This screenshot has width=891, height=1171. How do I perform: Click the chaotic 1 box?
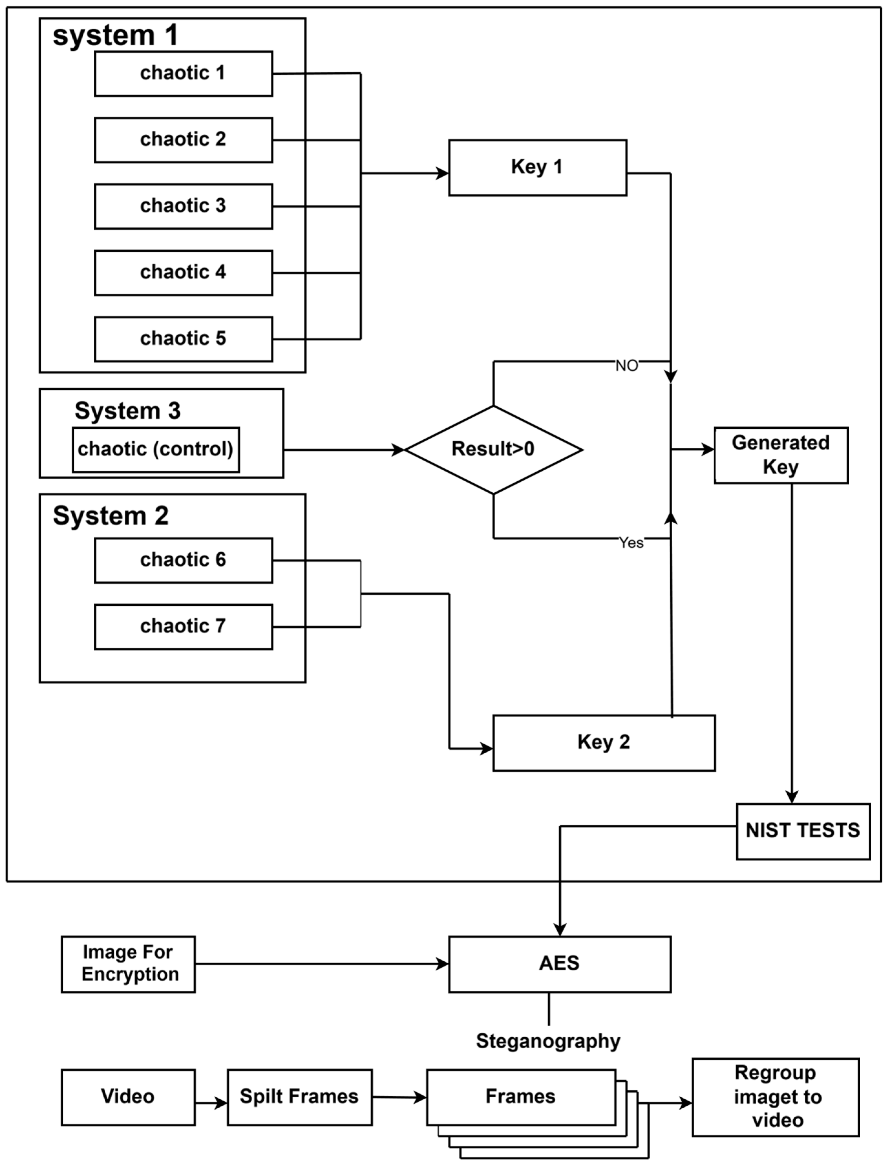coord(183,74)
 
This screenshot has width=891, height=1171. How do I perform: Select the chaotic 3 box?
coord(183,206)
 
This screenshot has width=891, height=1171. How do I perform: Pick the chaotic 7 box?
coord(183,627)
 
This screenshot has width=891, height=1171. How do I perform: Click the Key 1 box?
coord(537,168)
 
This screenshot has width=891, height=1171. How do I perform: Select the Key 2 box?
coord(603,742)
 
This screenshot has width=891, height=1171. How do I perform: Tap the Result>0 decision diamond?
coord(493,450)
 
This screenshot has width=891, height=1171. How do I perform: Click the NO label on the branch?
coord(626,366)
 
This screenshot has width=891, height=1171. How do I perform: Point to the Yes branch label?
coord(631,543)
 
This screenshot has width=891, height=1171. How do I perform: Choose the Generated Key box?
coord(781,455)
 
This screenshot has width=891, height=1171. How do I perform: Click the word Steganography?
coord(548,1041)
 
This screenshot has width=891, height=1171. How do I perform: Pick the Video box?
coord(128,1097)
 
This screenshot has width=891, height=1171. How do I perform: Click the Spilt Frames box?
coord(300,1097)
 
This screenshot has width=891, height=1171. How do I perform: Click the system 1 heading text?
coord(115,36)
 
